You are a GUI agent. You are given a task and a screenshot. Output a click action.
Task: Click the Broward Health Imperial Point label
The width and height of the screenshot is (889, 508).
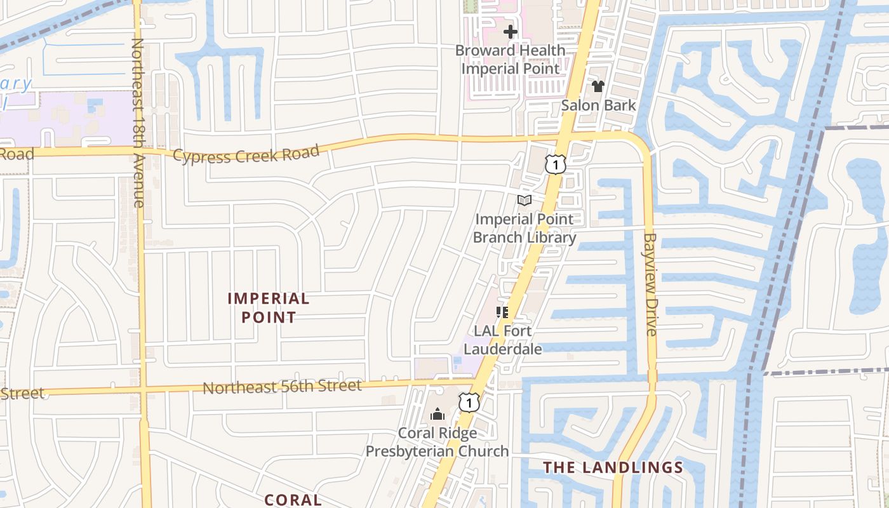coord(511,59)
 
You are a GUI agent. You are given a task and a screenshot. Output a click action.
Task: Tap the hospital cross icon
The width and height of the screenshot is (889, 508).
coord(511,32)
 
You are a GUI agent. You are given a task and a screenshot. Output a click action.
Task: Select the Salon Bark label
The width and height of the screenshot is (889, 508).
coord(598,105)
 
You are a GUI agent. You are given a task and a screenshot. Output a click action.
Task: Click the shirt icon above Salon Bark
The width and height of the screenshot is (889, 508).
coord(598,86)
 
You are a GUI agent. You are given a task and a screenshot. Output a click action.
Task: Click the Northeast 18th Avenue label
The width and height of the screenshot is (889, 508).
coord(138,123)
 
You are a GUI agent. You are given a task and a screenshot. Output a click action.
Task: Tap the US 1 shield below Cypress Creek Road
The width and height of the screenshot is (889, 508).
coord(555,165)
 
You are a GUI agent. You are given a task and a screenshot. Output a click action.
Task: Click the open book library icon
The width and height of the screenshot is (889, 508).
coord(524,201)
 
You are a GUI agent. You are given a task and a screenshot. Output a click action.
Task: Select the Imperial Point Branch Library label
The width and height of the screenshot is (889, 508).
coord(525,229)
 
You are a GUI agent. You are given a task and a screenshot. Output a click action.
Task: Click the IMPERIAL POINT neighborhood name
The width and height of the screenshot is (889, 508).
coord(269,308)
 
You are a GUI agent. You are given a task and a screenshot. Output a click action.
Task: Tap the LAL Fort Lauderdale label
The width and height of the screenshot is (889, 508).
coord(503,340)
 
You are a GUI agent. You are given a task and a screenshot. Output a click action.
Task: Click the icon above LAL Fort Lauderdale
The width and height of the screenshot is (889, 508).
coord(502,312)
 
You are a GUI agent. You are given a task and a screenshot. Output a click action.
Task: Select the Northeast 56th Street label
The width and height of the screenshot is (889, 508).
coord(282,386)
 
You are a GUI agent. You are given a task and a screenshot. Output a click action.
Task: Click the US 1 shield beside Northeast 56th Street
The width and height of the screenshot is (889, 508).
coord(469,401)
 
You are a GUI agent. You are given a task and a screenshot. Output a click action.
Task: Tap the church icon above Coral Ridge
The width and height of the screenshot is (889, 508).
coord(437,415)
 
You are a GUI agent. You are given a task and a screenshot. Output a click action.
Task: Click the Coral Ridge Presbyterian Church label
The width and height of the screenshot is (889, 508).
coord(437,442)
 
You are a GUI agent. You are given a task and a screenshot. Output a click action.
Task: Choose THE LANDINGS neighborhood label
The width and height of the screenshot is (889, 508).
coord(613,468)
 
